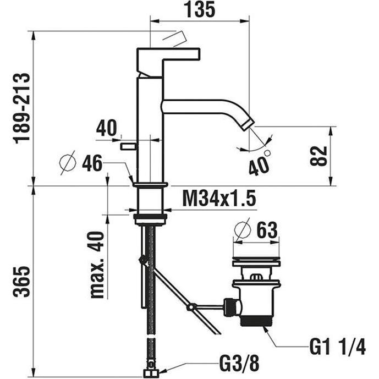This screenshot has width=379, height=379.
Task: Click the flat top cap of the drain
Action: (x=256, y=259)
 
